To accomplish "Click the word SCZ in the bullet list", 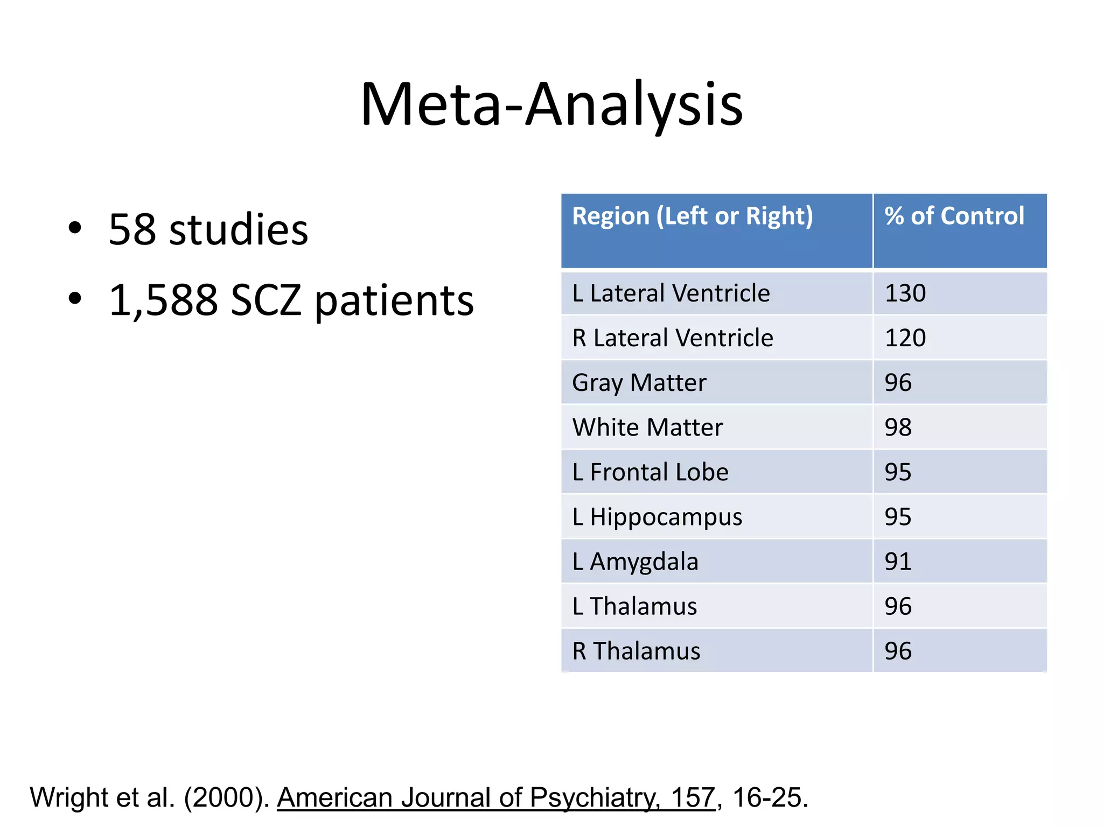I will click(265, 300).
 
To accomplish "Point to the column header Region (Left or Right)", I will click(692, 216).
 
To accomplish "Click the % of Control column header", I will click(954, 216).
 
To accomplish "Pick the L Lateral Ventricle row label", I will click(671, 293).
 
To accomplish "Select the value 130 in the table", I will click(905, 293).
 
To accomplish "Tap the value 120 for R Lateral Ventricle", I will click(905, 338).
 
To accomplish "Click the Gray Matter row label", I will click(639, 383).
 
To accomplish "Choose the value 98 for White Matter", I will click(898, 427).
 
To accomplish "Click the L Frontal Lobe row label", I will click(650, 472).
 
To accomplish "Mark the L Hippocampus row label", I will click(657, 517).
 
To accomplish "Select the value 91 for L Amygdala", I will click(898, 562).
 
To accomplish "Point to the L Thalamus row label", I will click(634, 606).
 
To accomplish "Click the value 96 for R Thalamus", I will click(898, 651).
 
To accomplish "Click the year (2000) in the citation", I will click(226, 797).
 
